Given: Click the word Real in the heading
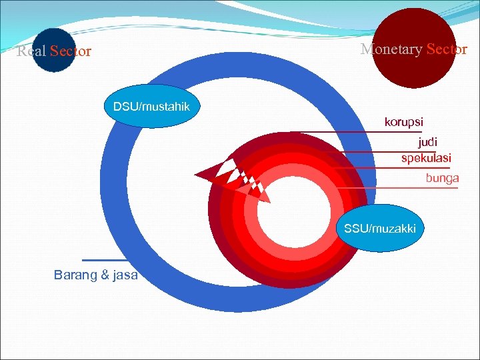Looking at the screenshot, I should (31, 51).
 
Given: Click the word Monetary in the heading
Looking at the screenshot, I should (391, 49).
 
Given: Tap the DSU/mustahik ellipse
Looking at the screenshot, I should (151, 106).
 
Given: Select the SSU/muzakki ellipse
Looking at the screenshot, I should (380, 229).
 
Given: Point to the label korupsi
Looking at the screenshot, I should (403, 122).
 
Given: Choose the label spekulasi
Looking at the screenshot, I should (426, 158).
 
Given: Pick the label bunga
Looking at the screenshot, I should (443, 178).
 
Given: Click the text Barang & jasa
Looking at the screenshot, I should (96, 275).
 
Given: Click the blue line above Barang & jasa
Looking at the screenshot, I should (103, 259).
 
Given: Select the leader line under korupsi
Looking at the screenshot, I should (373, 132).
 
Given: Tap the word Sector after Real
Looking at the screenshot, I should (70, 51).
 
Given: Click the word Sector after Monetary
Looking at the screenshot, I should (447, 49).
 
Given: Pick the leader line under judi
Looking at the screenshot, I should (400, 152).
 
